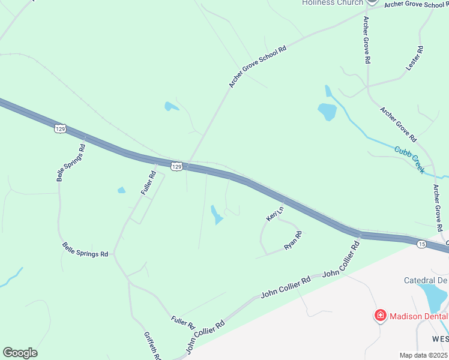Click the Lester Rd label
tap(415, 59)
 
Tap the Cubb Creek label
tap(409, 160)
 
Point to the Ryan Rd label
tap(292, 241)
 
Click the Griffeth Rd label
tap(152, 345)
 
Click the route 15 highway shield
tap(422, 244)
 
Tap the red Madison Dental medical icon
tap(379, 316)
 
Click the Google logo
tap(20, 353)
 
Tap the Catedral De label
tap(426, 280)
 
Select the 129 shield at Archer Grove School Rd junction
tap(176, 166)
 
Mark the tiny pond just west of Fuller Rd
tap(122, 190)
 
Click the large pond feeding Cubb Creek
tap(327, 111)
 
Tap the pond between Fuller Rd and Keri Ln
tap(216, 214)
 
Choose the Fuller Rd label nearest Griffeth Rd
tap(182, 322)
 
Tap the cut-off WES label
tap(439, 339)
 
